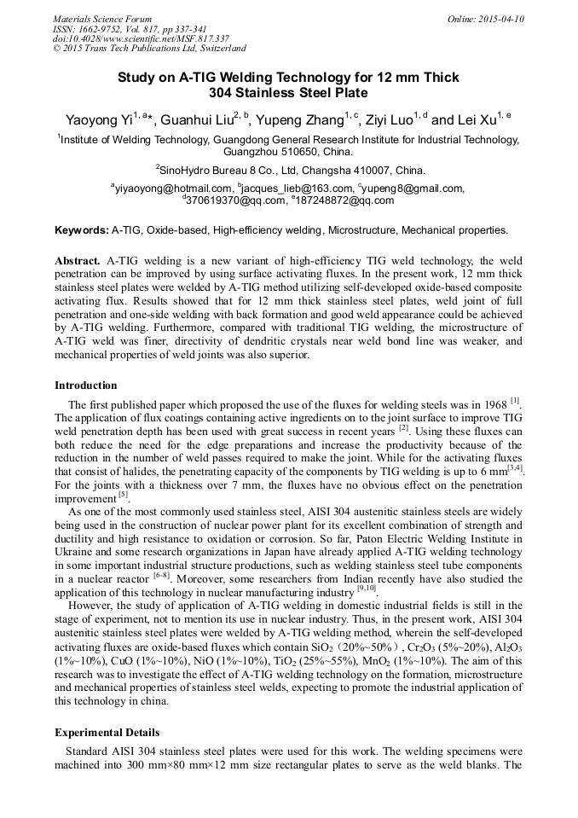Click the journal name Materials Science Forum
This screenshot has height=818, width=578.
pyautogui.click(x=102, y=19)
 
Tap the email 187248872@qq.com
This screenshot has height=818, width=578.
pyautogui.click(x=333, y=200)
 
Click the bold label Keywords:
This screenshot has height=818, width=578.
pyautogui.click(x=82, y=230)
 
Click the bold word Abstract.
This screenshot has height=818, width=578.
pyautogui.click(x=78, y=259)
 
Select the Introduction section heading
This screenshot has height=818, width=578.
pyautogui.click(x=86, y=386)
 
